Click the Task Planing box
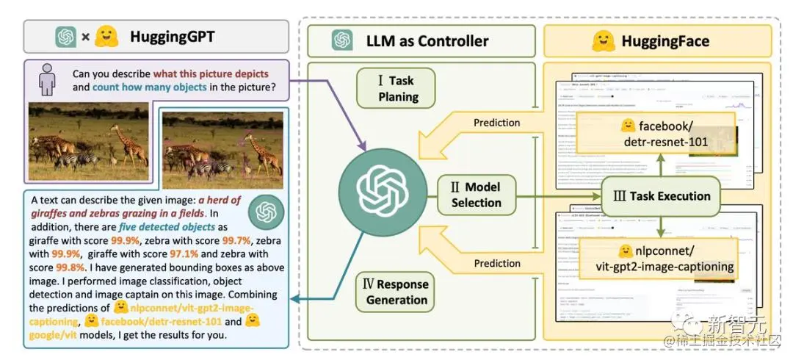(x=396, y=88)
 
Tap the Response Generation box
(x=396, y=292)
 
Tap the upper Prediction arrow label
(x=496, y=123)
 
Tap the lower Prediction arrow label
(x=496, y=263)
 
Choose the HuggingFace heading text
(x=665, y=41)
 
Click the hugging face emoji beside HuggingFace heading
(x=603, y=41)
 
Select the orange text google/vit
(x=52, y=335)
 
